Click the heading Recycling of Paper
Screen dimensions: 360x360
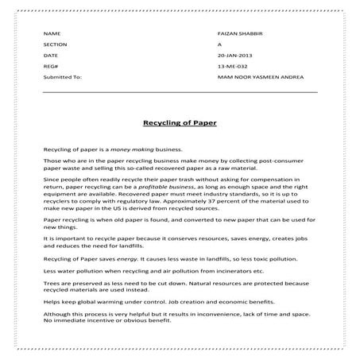pos(179,124)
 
